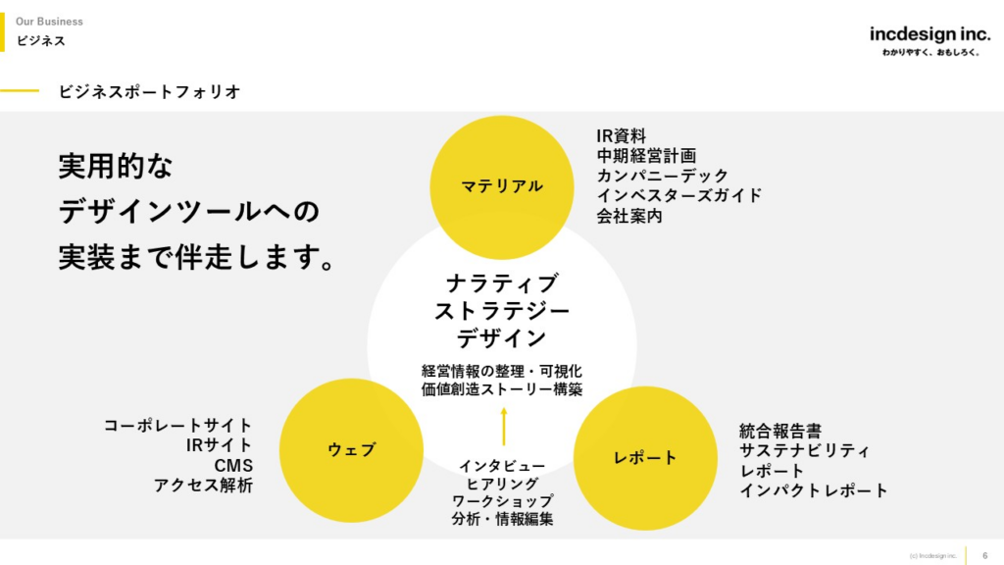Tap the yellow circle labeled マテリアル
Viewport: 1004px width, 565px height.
pos(502,186)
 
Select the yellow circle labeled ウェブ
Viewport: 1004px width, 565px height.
pos(351,450)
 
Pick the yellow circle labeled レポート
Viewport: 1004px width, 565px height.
pos(645,458)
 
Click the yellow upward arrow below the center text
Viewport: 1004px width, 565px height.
pos(503,427)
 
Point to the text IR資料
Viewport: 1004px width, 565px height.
pos(621,135)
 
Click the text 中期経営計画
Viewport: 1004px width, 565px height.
pos(646,155)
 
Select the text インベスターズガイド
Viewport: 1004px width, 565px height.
pos(678,195)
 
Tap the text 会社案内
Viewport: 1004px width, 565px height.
pos(629,215)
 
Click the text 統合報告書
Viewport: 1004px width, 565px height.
pos(780,431)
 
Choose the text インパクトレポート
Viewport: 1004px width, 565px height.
pos(814,490)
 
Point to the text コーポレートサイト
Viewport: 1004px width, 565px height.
pos(177,425)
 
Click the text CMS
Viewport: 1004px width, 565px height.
pos(233,465)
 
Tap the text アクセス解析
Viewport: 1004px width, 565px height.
pos(203,485)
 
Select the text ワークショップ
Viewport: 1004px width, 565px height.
pos(502,501)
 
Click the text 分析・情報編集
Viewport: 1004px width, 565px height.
pos(502,520)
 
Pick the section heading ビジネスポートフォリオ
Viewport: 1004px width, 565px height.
pos(149,91)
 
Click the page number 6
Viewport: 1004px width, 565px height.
pos(985,555)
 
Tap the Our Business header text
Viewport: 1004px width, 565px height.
pos(49,22)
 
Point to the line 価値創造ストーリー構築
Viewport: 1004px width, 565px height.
pos(502,389)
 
